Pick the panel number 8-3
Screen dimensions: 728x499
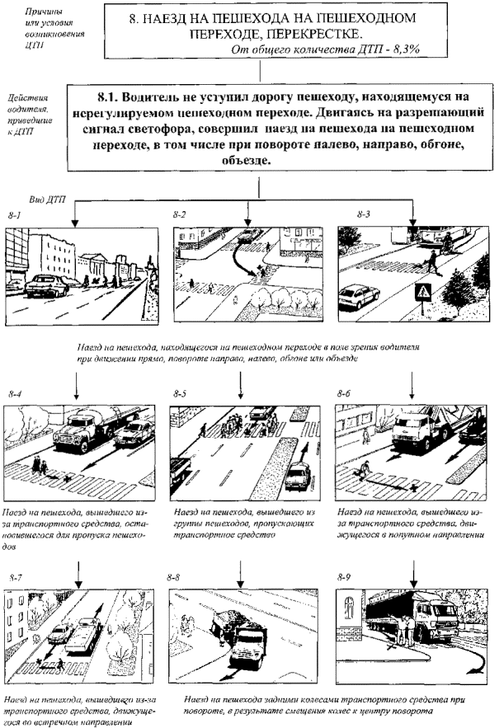point(364,214)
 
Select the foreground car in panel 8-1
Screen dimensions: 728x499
point(45,285)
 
